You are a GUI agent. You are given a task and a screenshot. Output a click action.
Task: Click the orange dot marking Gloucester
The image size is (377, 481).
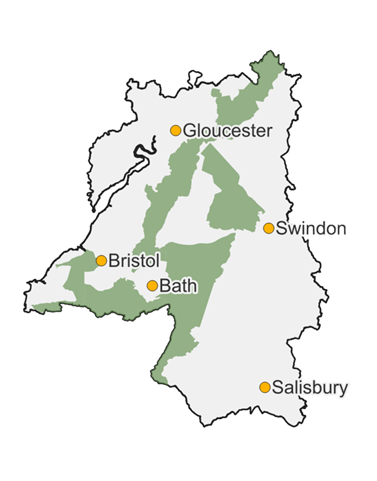[x=176, y=130]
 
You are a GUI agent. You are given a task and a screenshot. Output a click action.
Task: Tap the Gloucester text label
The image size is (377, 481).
[x=227, y=131]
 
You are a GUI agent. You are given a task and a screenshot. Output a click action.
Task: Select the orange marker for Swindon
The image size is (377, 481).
[x=269, y=228]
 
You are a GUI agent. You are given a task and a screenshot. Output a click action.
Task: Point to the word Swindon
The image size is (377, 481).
[x=312, y=229]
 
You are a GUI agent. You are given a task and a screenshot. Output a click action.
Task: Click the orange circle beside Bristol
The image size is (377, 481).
[x=101, y=261]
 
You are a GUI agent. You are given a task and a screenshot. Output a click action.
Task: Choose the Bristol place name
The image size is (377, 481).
[x=134, y=261]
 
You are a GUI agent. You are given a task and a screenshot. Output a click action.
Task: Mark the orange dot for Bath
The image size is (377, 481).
[x=153, y=286]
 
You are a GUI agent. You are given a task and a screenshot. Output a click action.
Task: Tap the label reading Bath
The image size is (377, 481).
[x=178, y=286]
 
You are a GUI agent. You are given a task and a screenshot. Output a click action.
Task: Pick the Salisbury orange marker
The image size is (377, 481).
[x=265, y=387]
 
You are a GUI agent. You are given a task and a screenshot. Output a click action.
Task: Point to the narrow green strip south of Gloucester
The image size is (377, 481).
[x=162, y=194]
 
